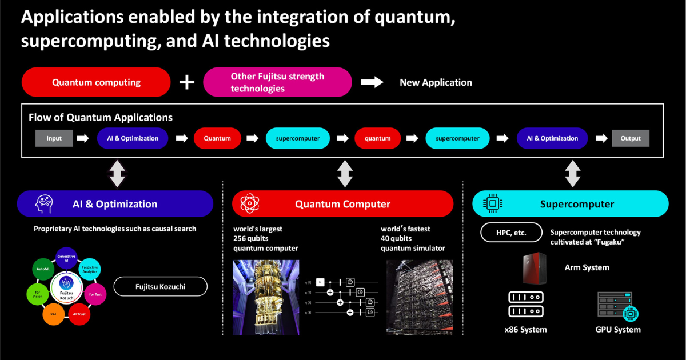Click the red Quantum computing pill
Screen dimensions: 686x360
(x=96, y=82)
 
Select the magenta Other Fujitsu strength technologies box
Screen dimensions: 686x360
(x=277, y=82)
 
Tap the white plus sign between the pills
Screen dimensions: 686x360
(x=187, y=82)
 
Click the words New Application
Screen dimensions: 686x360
(x=436, y=82)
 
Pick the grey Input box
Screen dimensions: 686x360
(x=54, y=138)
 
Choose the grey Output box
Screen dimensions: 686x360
(x=631, y=138)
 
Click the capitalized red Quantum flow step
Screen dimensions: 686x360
(x=217, y=138)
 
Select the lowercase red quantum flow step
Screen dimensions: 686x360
(x=377, y=138)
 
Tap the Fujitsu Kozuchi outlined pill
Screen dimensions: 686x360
(x=160, y=287)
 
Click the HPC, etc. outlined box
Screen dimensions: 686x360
(x=511, y=233)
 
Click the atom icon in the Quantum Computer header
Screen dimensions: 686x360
(x=249, y=204)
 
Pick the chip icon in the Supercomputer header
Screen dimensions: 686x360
(x=490, y=204)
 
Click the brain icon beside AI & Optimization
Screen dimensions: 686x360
(x=45, y=204)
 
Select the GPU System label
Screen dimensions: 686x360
(x=617, y=330)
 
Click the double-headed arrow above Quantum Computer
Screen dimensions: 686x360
(x=345, y=173)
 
